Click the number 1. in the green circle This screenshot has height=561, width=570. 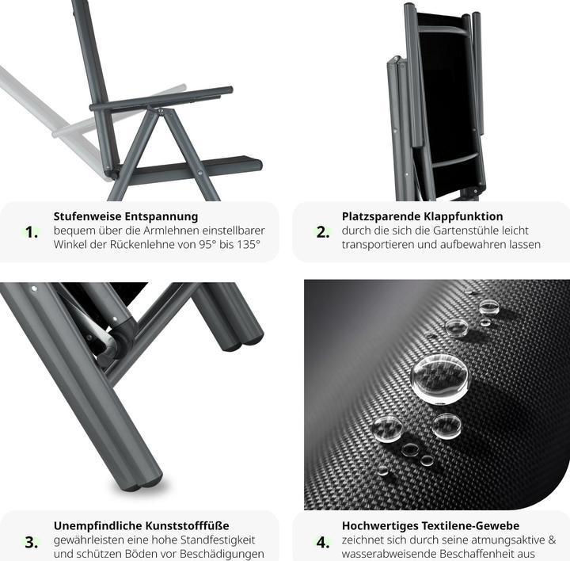pos(32,232)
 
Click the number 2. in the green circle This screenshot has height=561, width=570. pos(323,232)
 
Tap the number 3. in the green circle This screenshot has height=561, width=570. pos(32,543)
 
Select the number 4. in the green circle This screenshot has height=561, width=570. pos(323,543)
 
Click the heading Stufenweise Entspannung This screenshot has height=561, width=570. pos(125,216)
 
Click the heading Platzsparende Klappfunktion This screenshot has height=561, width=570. pos(422,216)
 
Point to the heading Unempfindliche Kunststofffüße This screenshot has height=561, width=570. pos(141,525)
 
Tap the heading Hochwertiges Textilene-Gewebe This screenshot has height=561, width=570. pos(431,525)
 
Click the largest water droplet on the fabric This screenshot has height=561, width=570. pos(439,378)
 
